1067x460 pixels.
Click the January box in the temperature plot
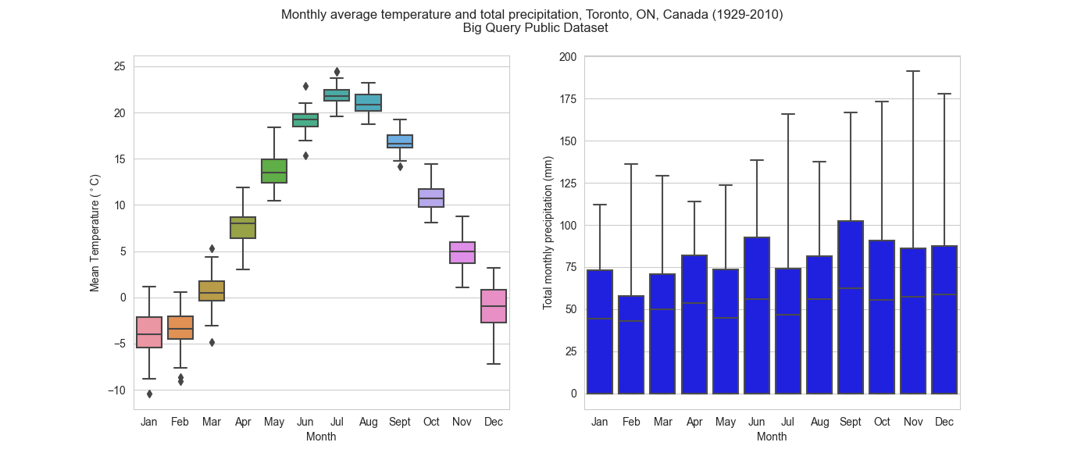(149, 332)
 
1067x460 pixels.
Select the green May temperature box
(274, 170)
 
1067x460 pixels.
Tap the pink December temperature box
(494, 306)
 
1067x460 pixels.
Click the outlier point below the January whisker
(149, 394)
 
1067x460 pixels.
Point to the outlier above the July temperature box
(337, 72)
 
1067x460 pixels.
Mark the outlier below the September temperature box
(400, 166)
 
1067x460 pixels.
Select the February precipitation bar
(631, 344)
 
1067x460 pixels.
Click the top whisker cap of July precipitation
(787, 114)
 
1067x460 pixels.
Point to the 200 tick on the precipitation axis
(568, 57)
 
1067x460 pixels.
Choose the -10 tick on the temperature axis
(117, 390)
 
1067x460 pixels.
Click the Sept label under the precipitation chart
(850, 423)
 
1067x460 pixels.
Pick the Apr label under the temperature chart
(243, 423)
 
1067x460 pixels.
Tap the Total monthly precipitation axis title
(548, 233)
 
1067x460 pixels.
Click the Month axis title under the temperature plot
(321, 437)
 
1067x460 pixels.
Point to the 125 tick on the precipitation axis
(568, 184)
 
